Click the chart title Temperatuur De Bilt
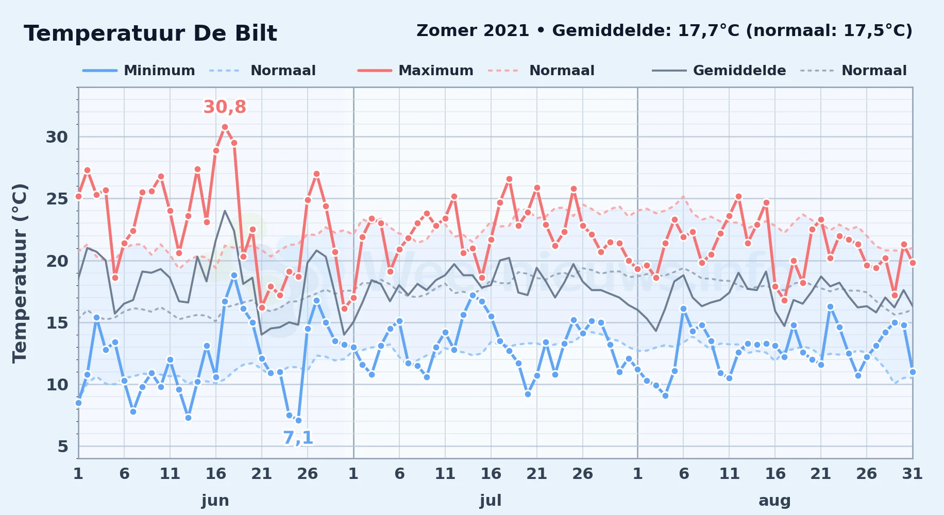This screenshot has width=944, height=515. [150, 33]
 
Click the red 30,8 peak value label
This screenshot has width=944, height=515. [225, 107]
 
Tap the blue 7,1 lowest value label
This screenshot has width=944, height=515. [298, 438]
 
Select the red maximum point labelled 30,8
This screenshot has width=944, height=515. [225, 127]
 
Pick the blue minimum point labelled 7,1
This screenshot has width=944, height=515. [298, 421]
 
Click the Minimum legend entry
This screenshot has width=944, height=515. [139, 71]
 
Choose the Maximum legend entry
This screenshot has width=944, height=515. [415, 71]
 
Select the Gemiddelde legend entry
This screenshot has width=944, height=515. [719, 71]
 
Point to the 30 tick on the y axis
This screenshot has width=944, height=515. [57, 137]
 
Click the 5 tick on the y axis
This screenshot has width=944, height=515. [63, 447]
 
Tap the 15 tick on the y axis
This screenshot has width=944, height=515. [57, 323]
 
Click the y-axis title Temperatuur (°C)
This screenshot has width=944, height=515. [20, 273]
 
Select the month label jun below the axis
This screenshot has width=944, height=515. [215, 500]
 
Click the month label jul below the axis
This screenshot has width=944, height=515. [491, 500]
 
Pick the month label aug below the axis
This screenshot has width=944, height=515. [774, 500]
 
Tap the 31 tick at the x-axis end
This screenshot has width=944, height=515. [912, 474]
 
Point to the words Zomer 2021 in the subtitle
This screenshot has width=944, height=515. [473, 31]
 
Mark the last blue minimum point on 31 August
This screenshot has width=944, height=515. [913, 372]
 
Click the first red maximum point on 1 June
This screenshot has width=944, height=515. [78, 196]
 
